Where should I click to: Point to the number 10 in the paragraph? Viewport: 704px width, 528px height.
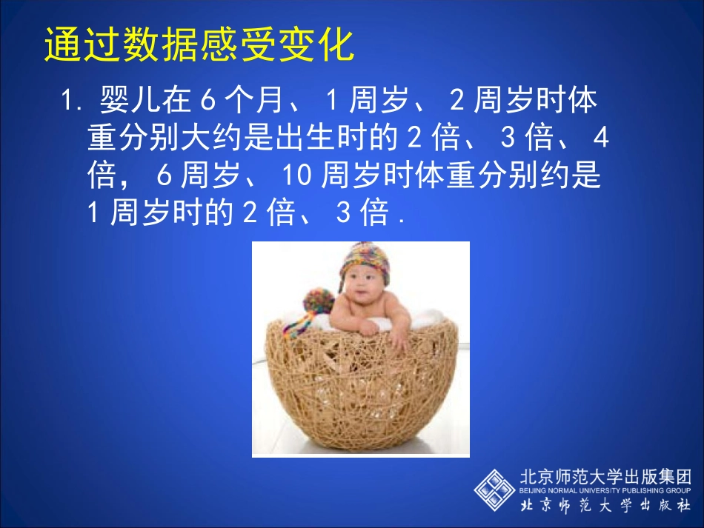pos(299,176)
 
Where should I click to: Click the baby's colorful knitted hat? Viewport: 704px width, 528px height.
pos(364,262)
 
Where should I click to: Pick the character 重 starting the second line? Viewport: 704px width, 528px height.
pos(99,138)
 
